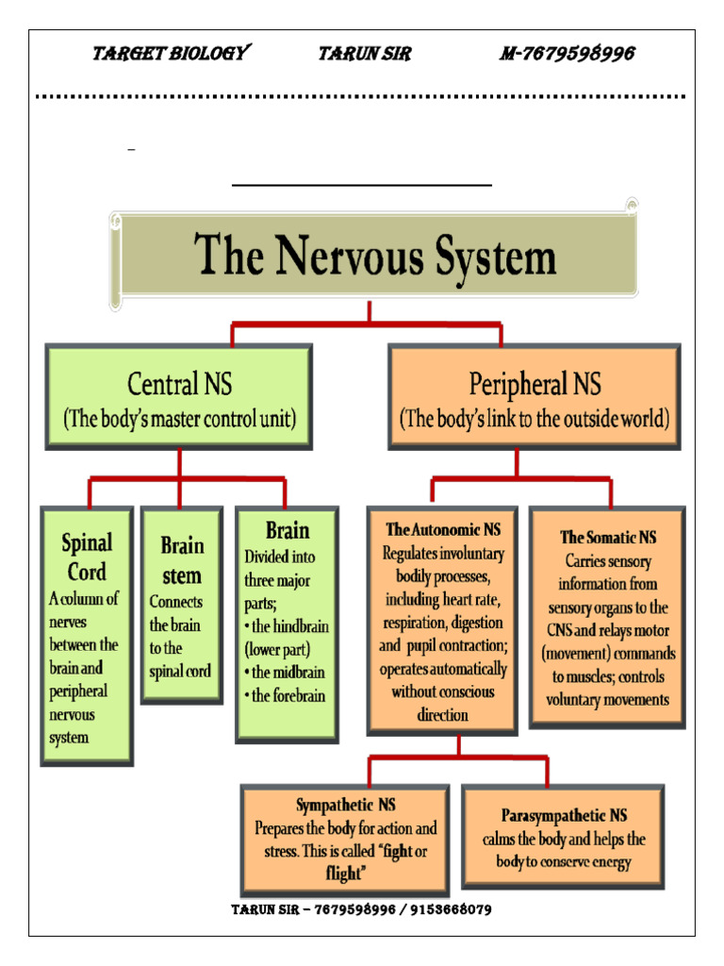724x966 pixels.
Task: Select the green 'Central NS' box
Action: coord(179,396)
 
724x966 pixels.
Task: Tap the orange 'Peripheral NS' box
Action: coord(535,396)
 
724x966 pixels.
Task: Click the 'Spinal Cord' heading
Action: coord(86,557)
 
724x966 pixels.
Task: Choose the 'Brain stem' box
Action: coord(182,604)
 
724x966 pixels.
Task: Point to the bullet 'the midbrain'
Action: coord(284,673)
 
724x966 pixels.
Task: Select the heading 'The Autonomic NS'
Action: coord(441,530)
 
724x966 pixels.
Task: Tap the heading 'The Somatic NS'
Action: coord(607,537)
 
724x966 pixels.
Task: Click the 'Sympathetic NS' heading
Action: coord(346,805)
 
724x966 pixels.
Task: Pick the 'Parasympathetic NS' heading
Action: coord(564,815)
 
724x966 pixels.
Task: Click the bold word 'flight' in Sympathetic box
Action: coord(343,874)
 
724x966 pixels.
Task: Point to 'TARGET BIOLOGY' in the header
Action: coord(170,54)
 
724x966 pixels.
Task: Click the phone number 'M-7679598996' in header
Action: coord(566,54)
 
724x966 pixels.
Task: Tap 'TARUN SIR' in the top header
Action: coord(364,54)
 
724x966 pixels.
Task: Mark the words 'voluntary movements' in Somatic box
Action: coord(607,700)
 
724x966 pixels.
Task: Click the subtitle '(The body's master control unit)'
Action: coord(179,419)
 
